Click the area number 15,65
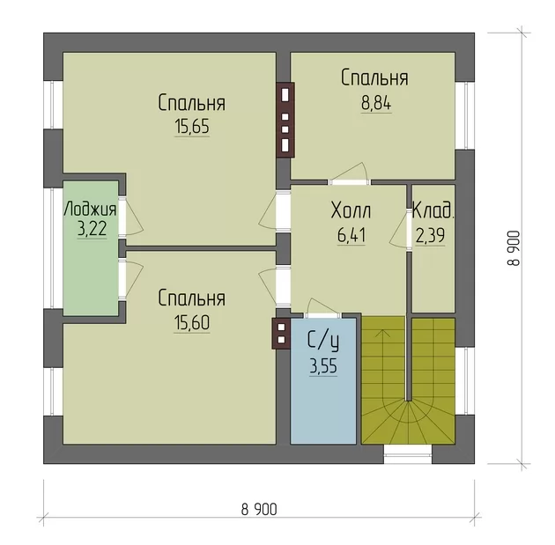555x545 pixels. point(192,127)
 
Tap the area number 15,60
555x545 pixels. point(192,322)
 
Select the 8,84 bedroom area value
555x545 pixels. point(376,104)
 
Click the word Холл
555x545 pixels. point(351,210)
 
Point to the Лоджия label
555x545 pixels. point(90,210)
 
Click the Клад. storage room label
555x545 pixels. point(433,210)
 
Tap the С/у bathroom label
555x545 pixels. point(323,342)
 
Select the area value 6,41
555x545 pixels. point(351,236)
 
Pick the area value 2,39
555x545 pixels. point(430,236)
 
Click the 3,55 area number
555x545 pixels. point(323,366)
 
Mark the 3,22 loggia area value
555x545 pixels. point(92,229)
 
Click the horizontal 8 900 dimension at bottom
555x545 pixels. point(259,510)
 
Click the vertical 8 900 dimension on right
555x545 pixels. point(514,248)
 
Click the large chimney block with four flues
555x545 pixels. point(285,120)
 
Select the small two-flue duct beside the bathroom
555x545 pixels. point(281,333)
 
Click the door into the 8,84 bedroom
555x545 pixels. point(350,175)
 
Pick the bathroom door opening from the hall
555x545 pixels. point(322,308)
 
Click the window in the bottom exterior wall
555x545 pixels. point(408,454)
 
